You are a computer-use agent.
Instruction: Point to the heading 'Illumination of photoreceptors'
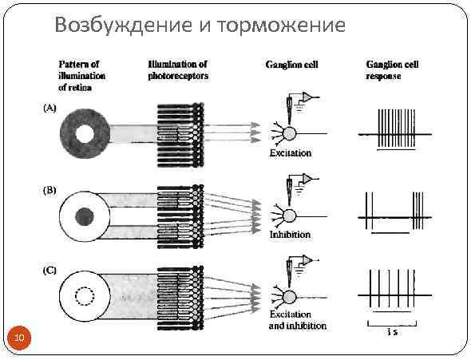click(x=178, y=69)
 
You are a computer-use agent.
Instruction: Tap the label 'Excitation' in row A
click(x=289, y=152)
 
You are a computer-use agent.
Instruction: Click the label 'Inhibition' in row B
click(x=290, y=235)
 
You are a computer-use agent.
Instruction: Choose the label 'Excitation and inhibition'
click(x=297, y=321)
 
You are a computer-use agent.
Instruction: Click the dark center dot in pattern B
click(x=84, y=216)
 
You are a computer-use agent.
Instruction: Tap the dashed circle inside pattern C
click(x=84, y=298)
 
